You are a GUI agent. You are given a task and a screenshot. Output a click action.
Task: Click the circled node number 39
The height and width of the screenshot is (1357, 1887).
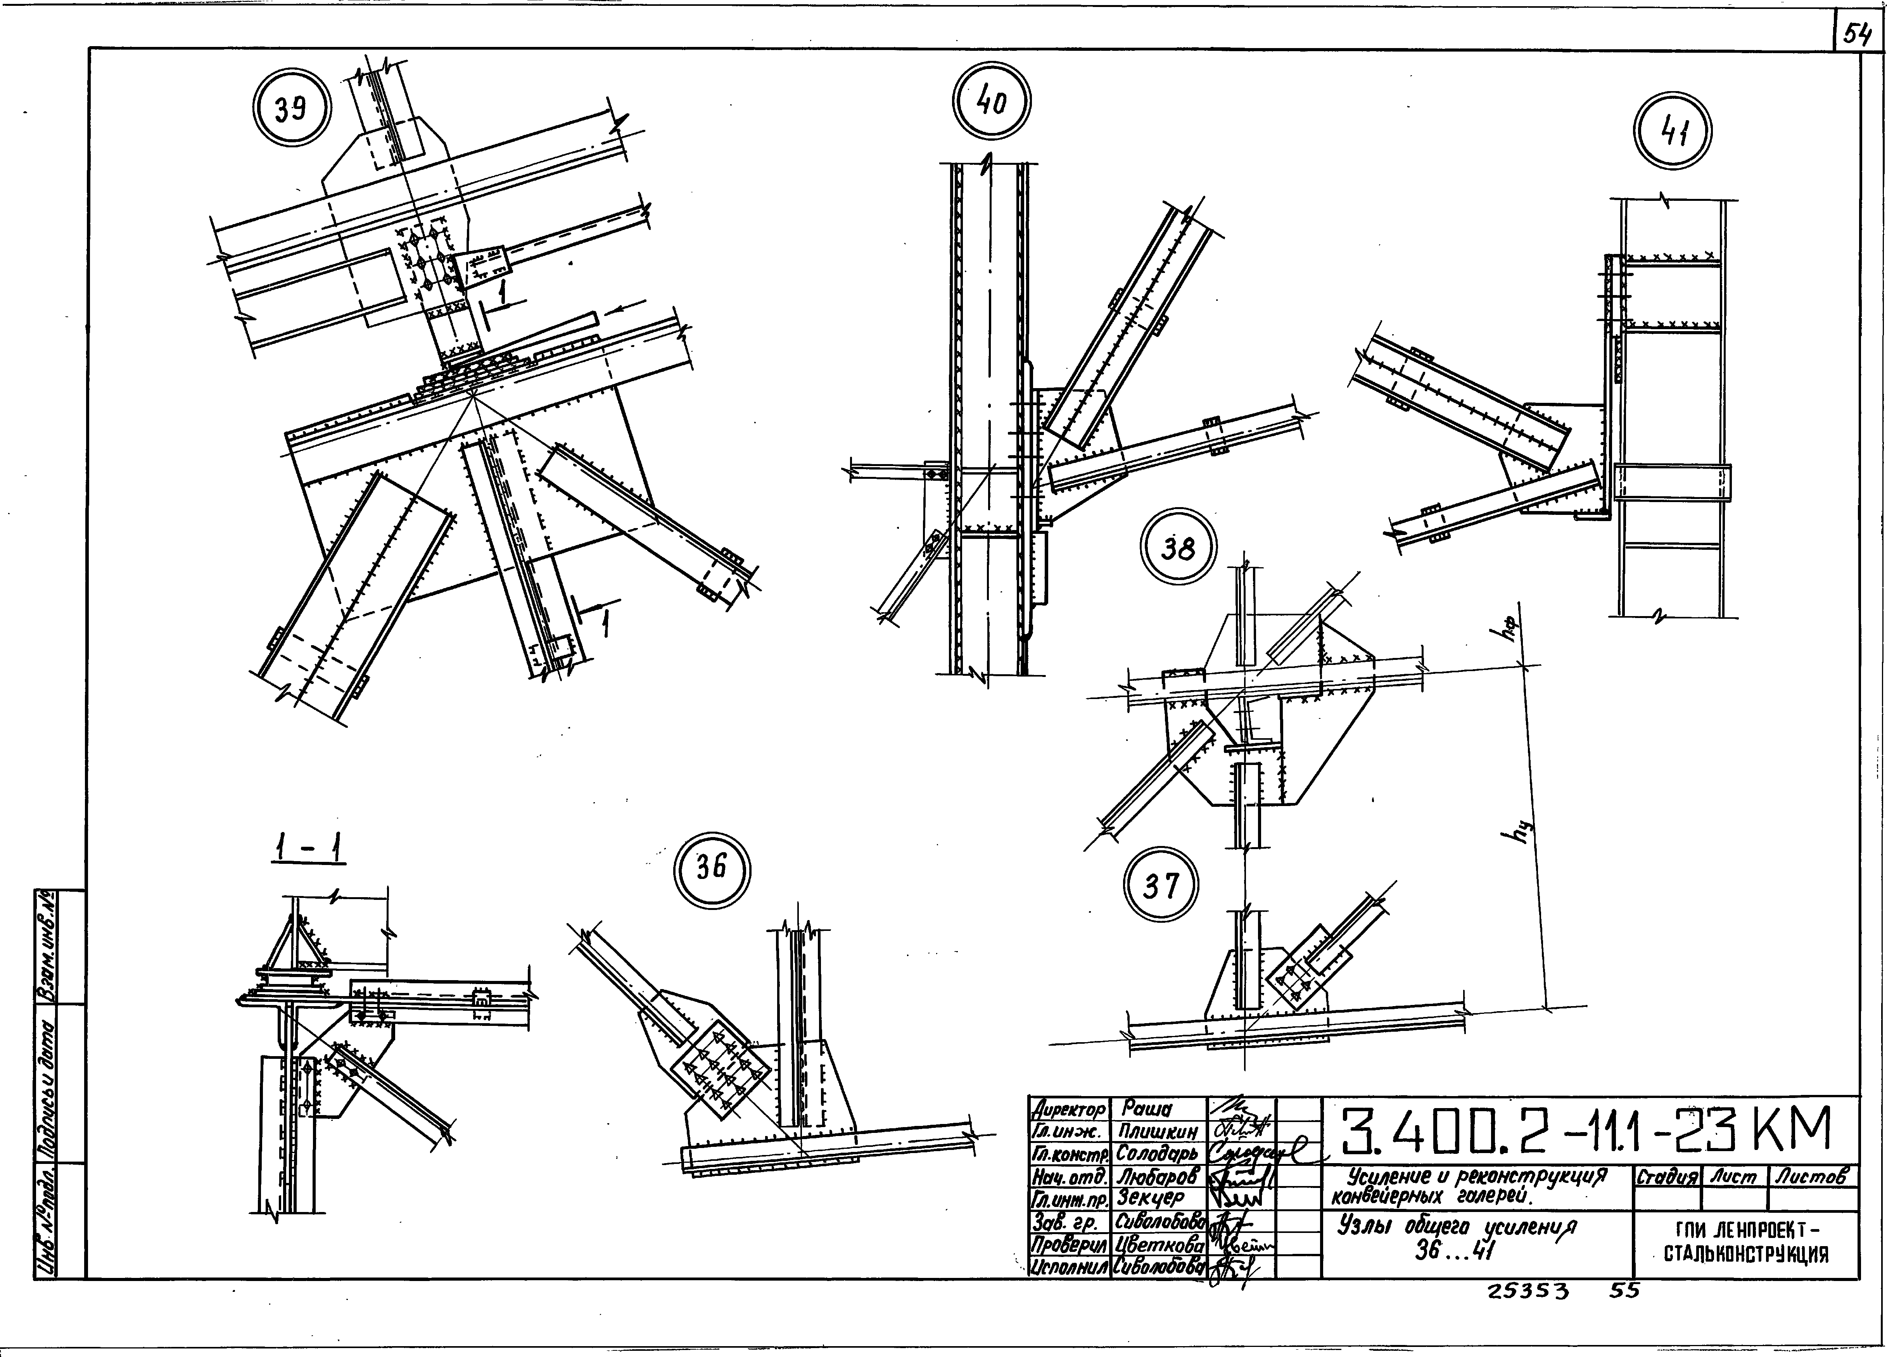291,109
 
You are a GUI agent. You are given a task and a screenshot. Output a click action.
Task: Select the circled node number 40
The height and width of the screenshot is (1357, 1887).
992,101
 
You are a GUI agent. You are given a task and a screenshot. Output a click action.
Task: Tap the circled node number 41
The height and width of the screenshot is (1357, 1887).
1673,131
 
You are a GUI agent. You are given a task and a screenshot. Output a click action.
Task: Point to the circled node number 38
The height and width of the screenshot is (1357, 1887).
1178,548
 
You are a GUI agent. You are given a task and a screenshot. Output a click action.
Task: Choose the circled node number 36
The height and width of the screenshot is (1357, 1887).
711,868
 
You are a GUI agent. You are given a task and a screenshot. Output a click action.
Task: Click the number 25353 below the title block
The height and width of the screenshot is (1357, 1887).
1528,1291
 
